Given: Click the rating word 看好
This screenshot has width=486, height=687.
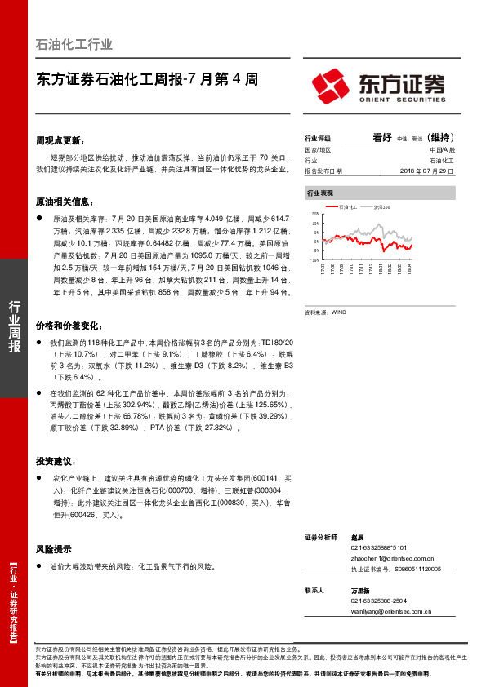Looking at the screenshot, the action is (x=382, y=138).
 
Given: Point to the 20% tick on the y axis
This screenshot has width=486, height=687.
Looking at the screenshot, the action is (x=315, y=213).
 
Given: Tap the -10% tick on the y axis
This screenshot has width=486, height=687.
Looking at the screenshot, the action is (x=314, y=259).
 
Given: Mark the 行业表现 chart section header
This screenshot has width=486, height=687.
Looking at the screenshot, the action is (x=320, y=193).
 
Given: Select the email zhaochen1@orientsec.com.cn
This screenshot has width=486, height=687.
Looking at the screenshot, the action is (x=385, y=557).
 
